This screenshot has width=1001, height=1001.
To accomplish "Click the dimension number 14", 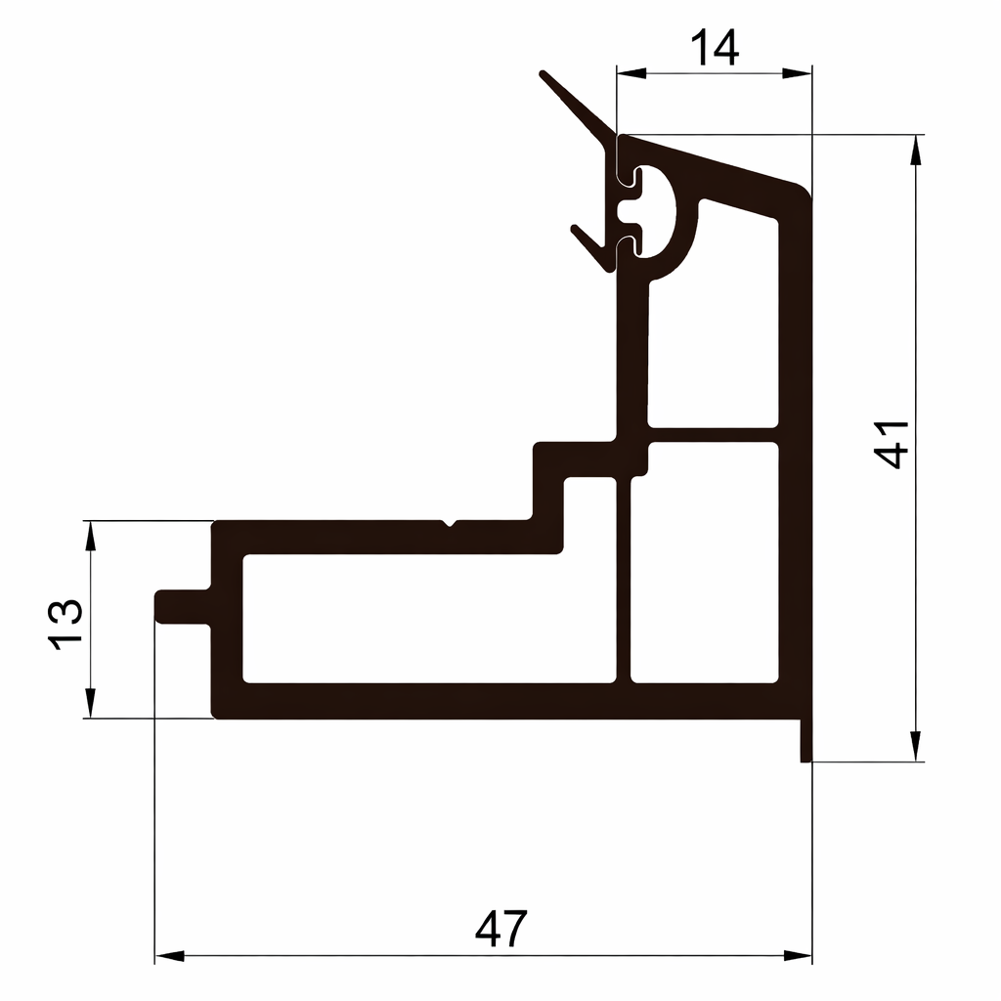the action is click(715, 48).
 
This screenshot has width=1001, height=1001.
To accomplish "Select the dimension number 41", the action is click(892, 445).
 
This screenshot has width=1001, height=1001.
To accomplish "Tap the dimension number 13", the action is click(65, 625).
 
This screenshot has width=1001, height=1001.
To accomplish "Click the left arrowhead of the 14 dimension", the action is click(631, 73).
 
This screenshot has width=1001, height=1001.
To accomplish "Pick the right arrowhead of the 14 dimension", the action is click(797, 73).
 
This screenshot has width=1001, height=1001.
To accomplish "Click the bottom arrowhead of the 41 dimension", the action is click(916, 746).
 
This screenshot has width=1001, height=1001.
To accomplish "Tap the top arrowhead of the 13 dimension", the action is click(90, 536).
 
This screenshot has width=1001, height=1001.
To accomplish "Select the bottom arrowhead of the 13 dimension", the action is click(90, 704).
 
